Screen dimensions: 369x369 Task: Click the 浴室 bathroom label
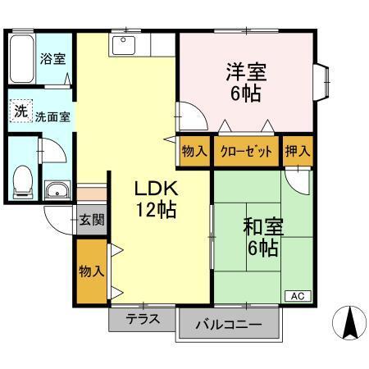point(53,58)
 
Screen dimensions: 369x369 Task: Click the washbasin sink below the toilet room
point(57,192)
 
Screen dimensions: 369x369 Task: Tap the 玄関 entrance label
point(92,219)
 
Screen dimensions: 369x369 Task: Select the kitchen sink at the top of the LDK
point(125,45)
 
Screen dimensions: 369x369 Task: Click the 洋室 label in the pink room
point(245,72)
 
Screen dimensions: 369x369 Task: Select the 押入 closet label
point(298,152)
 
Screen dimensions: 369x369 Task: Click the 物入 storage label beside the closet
point(194,152)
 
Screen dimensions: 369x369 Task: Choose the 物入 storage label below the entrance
point(91,271)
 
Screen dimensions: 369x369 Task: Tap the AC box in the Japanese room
point(297,294)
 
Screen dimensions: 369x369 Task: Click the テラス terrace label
point(143,318)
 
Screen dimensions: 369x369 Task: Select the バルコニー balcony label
point(229,325)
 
